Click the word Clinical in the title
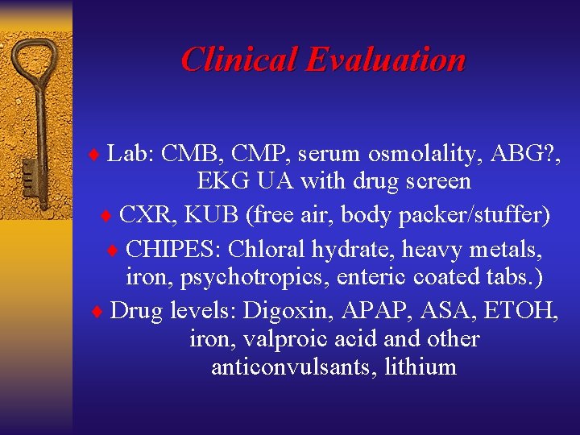[x=239, y=60]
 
